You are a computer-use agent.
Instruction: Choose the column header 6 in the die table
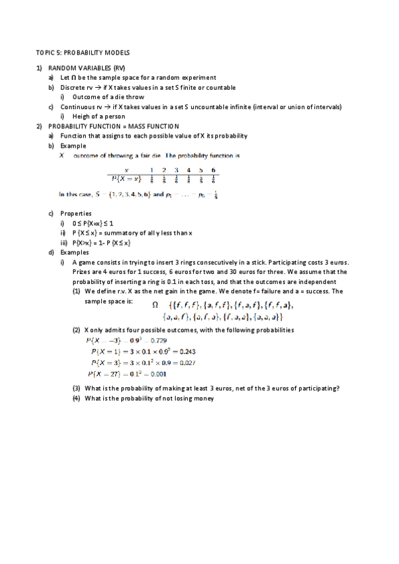(x=213, y=170)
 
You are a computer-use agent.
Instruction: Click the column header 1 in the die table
(x=151, y=170)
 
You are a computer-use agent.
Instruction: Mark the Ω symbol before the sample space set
(x=155, y=305)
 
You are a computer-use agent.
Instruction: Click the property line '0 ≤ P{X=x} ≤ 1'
(x=94, y=223)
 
